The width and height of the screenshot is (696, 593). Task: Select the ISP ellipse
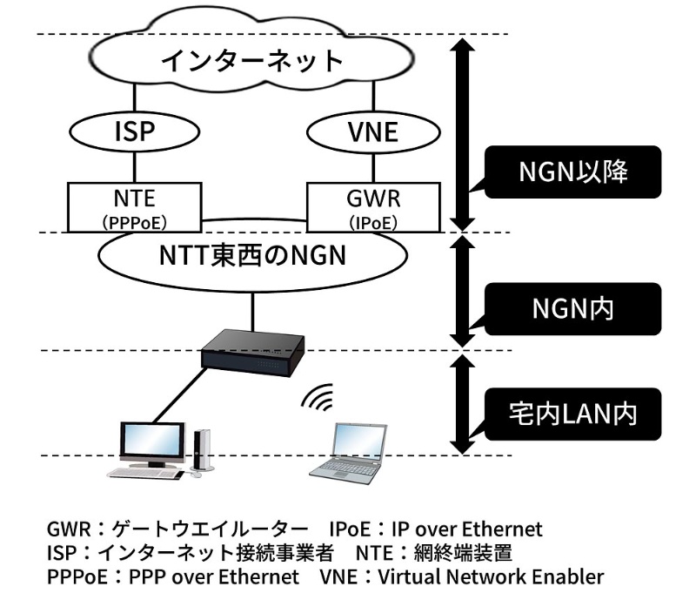point(134,132)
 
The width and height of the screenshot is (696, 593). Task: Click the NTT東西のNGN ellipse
point(252,258)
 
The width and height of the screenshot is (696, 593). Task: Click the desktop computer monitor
point(151,444)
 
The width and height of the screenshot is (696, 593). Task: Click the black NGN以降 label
point(572,172)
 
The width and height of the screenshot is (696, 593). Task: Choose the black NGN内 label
point(572,309)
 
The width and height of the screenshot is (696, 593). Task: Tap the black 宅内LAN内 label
point(572,413)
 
